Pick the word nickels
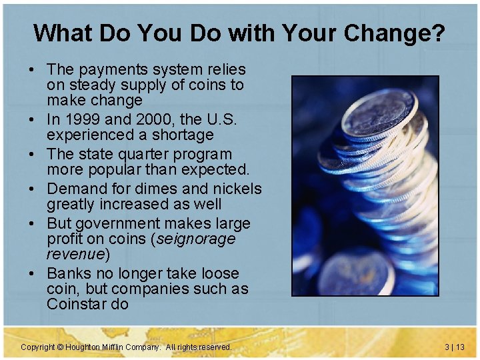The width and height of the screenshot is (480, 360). (233, 189)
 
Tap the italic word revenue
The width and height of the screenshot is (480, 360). (75, 254)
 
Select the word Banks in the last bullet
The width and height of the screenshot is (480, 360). (69, 273)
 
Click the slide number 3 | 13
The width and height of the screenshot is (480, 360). (454, 347)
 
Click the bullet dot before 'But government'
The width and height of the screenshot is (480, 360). (32, 224)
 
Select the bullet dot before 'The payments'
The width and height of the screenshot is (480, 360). (32, 70)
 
